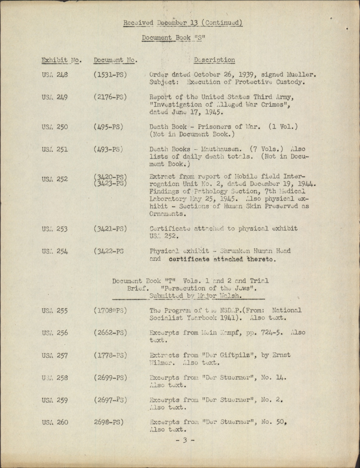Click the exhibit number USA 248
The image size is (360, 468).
click(55, 75)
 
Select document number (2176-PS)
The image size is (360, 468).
click(110, 97)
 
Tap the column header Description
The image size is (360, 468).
click(214, 60)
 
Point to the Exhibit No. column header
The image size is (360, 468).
click(61, 60)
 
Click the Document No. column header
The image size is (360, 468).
click(115, 60)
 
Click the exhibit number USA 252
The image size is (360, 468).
click(55, 179)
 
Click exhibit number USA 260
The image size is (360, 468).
click(55, 422)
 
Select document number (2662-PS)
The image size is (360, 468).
click(110, 333)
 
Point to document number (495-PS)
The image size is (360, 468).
click(109, 127)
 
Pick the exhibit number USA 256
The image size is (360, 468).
click(55, 333)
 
